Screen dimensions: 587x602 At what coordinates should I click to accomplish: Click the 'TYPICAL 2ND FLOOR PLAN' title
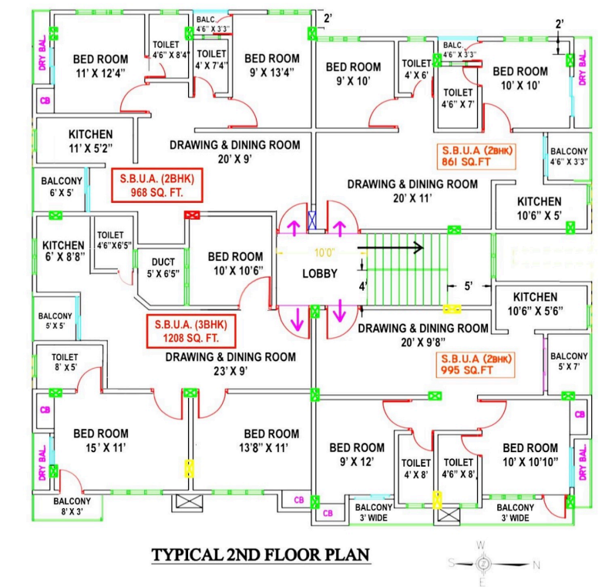261,554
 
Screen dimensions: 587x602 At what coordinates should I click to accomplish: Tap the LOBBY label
317,273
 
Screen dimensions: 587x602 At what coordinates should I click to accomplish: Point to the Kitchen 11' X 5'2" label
90,140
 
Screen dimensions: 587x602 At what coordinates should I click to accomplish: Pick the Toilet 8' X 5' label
64,363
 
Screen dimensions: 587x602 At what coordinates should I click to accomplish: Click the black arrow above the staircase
391,248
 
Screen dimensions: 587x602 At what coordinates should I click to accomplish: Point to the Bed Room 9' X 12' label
356,454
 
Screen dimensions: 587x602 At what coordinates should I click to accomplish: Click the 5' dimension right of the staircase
468,285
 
